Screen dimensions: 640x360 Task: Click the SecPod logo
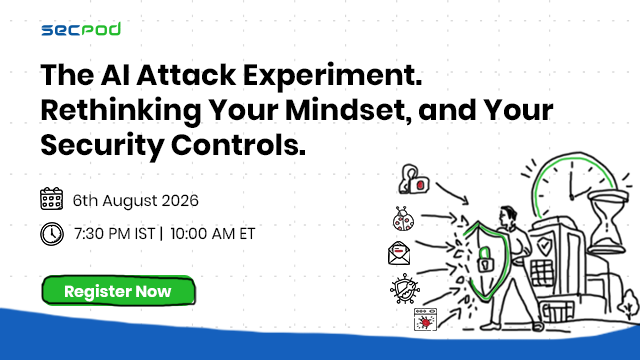click(81, 29)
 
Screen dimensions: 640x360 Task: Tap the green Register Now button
click(118, 291)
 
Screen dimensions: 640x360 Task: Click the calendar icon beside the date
click(51, 199)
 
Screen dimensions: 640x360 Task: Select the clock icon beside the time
click(52, 234)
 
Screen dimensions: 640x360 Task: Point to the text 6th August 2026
click(136, 200)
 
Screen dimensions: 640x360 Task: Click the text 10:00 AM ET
click(212, 234)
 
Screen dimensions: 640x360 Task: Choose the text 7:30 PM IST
click(115, 234)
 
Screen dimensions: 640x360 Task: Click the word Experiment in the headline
click(333, 76)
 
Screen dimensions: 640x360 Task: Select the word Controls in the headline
click(238, 145)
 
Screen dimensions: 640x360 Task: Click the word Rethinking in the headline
click(121, 111)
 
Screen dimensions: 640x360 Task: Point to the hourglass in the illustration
click(607, 221)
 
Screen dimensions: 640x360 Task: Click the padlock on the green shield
click(485, 260)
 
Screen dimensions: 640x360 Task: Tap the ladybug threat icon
click(403, 219)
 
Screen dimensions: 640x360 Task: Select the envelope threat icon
click(399, 253)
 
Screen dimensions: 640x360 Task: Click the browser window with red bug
click(425, 319)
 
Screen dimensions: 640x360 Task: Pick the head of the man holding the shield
click(508, 216)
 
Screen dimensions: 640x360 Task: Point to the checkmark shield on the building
click(544, 246)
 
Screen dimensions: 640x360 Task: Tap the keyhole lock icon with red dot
click(413, 180)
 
